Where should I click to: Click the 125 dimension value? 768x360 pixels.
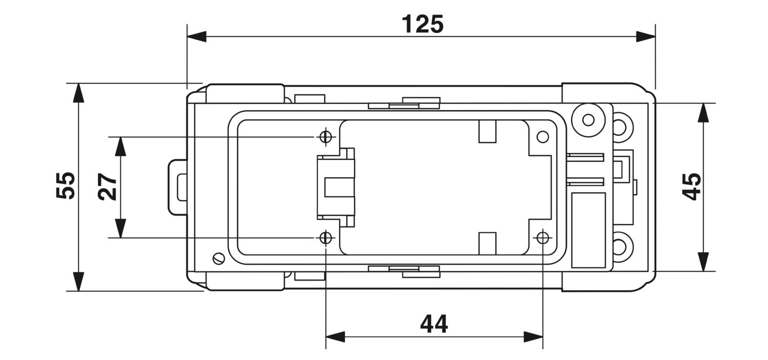[422, 25]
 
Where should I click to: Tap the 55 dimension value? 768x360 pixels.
[66, 185]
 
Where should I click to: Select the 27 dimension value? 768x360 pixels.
[108, 187]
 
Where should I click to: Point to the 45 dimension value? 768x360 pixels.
[691, 186]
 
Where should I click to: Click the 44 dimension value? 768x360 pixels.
[434, 324]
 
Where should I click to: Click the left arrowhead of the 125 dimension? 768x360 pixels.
[197, 36]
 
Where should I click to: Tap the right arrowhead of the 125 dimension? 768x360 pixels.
[646, 36]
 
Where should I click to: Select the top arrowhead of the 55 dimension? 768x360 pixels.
[78, 93]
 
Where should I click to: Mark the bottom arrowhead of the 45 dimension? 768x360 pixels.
[703, 262]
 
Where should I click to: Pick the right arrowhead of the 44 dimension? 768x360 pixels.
[533, 336]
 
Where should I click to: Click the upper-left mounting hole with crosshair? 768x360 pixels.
[326, 137]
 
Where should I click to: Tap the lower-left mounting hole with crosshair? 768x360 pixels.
[326, 238]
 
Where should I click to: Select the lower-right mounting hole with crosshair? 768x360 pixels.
[543, 238]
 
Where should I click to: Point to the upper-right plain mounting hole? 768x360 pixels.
[543, 137]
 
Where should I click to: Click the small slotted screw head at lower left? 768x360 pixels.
[219, 259]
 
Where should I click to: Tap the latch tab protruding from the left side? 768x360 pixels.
[178, 187]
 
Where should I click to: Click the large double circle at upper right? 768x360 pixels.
[588, 120]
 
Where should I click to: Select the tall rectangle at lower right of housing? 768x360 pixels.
[588, 230]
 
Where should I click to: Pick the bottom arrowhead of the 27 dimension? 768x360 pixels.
[120, 228]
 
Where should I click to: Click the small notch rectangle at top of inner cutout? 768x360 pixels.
[487, 131]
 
